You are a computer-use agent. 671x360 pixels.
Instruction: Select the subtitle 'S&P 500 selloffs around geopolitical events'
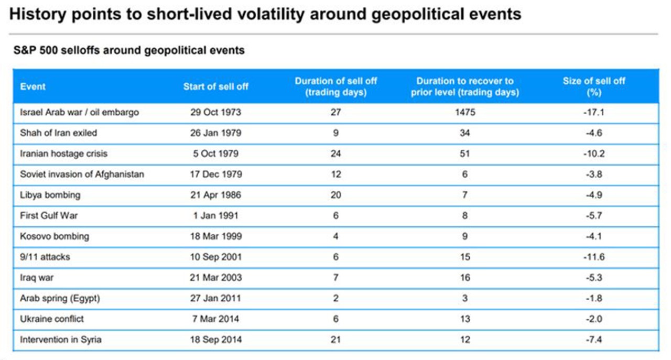(128, 51)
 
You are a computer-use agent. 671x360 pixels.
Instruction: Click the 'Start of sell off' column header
(215, 86)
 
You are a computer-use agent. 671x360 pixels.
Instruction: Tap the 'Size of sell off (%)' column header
(594, 86)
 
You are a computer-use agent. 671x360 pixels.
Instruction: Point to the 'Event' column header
(33, 86)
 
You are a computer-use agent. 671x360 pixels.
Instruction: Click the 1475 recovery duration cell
(465, 112)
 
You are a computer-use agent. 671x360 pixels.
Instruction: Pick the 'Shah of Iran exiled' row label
(58, 133)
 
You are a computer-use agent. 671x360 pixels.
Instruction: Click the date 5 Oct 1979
(215, 154)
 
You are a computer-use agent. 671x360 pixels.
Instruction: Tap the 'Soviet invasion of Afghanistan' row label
(82, 174)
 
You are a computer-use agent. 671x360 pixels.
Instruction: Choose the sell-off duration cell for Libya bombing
(335, 195)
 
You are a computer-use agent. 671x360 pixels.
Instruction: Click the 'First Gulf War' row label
(49, 215)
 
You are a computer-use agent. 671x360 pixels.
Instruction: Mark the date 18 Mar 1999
(215, 236)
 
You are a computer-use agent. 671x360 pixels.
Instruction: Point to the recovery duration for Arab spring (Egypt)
(465, 298)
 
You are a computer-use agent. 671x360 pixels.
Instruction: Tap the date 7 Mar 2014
(215, 319)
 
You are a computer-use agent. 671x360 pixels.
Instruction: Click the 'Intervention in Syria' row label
(61, 340)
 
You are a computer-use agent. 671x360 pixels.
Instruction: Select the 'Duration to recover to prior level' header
(465, 86)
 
